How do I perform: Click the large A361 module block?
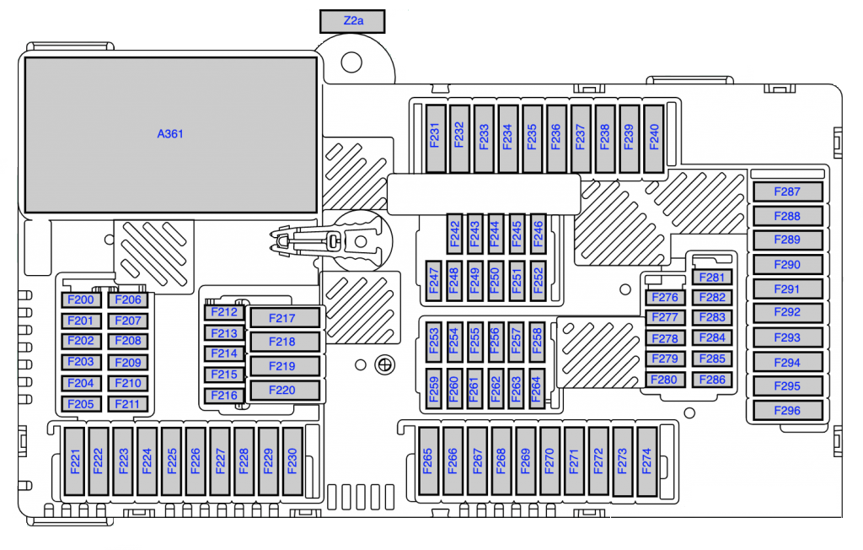[170, 134]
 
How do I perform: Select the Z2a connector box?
[352, 21]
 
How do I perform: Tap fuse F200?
[81, 300]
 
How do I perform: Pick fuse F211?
[128, 405]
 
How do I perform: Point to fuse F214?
[224, 353]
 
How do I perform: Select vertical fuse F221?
[75, 461]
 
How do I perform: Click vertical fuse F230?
[292, 461]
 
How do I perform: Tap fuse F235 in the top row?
[532, 139]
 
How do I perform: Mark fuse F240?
[654, 139]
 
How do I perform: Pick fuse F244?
[496, 235]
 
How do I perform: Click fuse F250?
[496, 281]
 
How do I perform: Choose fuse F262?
[496, 389]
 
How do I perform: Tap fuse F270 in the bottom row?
[549, 461]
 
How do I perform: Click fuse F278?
[665, 338]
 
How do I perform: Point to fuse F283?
[712, 317]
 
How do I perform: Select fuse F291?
[788, 288]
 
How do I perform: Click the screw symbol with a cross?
[384, 364]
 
